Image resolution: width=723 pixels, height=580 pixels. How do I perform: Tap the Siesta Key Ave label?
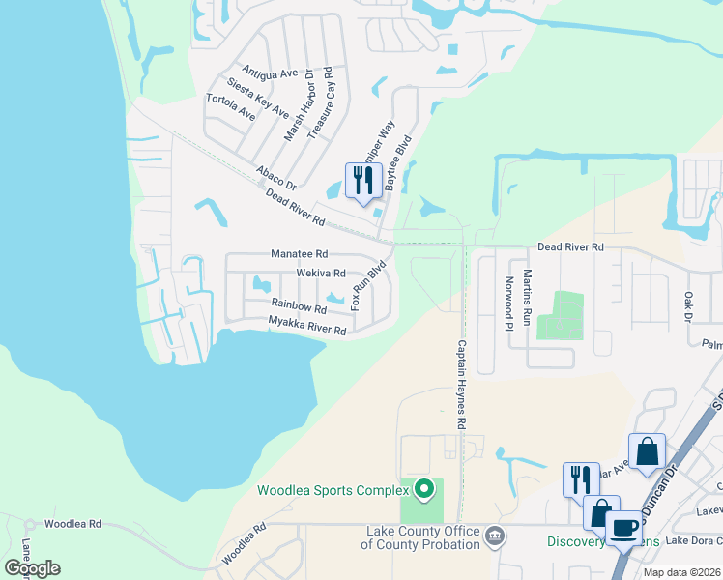tap(257, 98)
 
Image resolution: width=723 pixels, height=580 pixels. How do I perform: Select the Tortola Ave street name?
tap(231, 107)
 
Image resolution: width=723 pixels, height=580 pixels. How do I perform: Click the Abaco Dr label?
tap(275, 176)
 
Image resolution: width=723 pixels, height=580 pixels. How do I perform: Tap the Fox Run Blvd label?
tap(369, 284)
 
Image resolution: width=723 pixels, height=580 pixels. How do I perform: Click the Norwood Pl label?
tap(508, 304)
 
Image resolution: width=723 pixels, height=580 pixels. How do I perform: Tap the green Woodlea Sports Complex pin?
tap(422, 490)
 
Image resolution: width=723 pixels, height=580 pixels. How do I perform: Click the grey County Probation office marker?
tap(495, 536)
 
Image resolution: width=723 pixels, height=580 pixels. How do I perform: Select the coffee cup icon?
tap(624, 528)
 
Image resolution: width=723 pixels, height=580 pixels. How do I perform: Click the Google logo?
tap(33, 568)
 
